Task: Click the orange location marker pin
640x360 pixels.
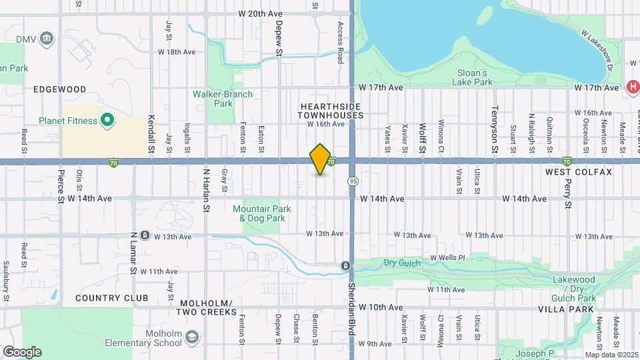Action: tap(321, 159)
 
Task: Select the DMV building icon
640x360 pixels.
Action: tap(46, 38)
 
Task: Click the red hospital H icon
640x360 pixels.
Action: tap(633, 87)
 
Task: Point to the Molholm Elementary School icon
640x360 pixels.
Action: tap(192, 337)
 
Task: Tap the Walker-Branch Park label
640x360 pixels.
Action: tap(223, 99)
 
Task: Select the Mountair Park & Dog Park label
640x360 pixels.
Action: tap(259, 213)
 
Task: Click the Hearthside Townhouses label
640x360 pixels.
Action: tap(331, 111)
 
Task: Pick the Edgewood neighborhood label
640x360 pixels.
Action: tap(60, 89)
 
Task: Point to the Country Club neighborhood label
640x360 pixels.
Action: tap(111, 297)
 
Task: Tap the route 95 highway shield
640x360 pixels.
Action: tap(353, 181)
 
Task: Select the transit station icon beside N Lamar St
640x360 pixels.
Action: tap(145, 235)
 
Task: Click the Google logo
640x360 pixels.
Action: tap(22, 351)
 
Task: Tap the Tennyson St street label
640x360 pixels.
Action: tap(495, 121)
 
